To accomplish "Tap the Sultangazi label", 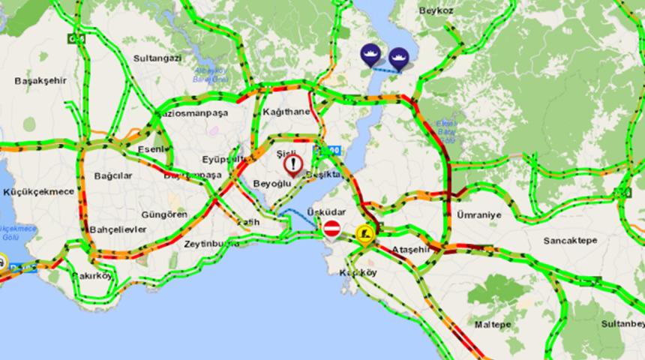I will coord(157,58).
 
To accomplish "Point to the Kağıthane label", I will coord(281,112).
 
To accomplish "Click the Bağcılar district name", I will coord(113,175).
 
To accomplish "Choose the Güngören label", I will coord(164,214).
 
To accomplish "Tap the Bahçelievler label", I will coord(118,229).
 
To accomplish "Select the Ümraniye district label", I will coord(478,214).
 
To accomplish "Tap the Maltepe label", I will coord(493,324).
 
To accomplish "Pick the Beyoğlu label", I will coord(272,184).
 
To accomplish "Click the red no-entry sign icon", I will coord(331,229).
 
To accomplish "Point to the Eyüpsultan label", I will coord(223,159).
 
